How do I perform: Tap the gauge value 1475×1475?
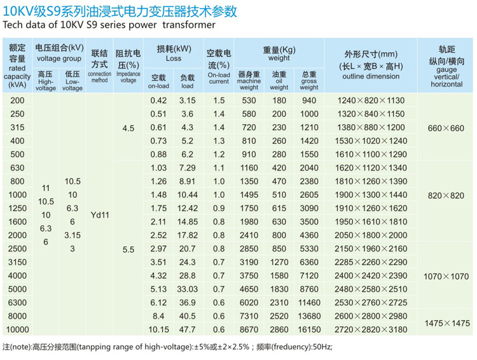coord(446,322)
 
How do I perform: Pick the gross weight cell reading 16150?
coord(309,329)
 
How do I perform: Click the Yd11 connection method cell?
coord(100,215)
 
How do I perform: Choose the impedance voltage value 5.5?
coord(128,249)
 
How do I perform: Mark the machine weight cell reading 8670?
coord(249,329)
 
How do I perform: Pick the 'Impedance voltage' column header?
coord(128,77)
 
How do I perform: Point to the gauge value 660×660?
coord(446,128)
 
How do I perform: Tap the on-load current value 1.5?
coord(219,101)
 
